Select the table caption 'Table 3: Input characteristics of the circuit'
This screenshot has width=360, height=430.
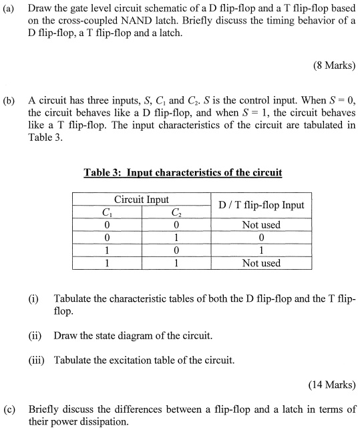point(182,173)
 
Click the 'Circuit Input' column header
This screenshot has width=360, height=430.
point(142,200)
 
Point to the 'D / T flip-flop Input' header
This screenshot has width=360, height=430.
point(260,205)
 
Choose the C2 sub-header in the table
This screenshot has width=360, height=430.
point(177,213)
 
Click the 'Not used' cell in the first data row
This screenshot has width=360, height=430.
point(260,225)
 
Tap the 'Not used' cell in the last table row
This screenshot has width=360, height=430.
point(260,263)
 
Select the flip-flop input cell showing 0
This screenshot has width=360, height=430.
point(260,238)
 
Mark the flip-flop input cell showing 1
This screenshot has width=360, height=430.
point(260,250)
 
